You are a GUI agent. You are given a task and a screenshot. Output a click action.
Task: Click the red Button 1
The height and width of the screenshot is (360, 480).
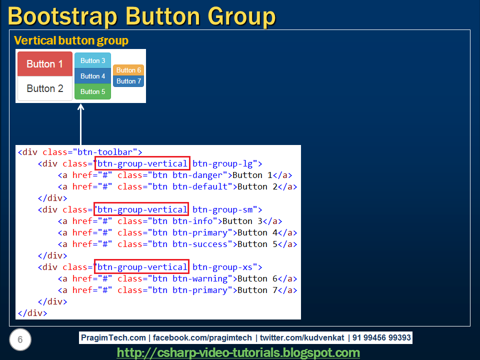click(x=45, y=64)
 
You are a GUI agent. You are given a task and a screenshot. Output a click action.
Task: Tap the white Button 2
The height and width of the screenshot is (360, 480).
click(x=45, y=88)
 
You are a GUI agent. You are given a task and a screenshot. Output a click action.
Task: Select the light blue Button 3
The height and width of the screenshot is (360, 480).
click(x=92, y=60)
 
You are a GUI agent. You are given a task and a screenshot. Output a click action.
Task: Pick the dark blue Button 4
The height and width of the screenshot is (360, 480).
click(x=92, y=76)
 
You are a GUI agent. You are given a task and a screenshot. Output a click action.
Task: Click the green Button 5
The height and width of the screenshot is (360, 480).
click(x=92, y=91)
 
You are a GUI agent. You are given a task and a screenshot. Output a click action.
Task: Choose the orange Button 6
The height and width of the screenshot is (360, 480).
click(x=128, y=70)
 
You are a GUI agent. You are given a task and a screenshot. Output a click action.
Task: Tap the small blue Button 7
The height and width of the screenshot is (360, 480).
click(x=128, y=81)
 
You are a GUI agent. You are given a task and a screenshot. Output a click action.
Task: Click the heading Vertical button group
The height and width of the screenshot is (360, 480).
click(x=71, y=40)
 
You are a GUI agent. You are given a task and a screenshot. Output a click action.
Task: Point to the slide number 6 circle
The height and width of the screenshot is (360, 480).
click(x=20, y=340)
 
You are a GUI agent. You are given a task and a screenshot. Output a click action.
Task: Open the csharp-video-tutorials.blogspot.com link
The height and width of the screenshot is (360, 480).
click(x=238, y=352)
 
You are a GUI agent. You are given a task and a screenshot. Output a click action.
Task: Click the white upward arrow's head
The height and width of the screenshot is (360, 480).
click(x=80, y=107)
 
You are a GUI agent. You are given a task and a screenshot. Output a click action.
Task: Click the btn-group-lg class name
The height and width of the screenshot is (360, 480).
click(x=224, y=163)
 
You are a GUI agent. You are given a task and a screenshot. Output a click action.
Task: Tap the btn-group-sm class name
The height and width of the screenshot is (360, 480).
click(x=224, y=209)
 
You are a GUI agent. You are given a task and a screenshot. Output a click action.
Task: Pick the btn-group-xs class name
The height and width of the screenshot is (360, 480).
click(x=224, y=267)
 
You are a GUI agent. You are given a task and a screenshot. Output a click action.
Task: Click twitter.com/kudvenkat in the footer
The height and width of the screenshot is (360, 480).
click(x=301, y=338)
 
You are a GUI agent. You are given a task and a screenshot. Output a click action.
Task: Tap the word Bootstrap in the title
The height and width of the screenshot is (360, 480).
click(x=61, y=16)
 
